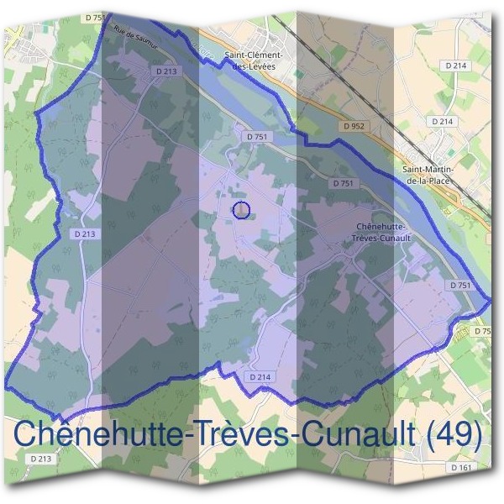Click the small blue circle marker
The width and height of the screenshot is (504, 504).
tap(241, 209)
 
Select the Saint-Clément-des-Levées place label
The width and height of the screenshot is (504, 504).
tap(253, 60)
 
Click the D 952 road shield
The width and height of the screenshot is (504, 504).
tap(355, 126)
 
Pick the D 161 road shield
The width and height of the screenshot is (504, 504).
tap(461, 466)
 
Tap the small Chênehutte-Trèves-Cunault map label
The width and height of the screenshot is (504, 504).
tap(382, 232)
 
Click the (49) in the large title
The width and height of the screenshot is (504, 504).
tap(455, 434)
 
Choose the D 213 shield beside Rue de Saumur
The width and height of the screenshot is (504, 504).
tap(166, 72)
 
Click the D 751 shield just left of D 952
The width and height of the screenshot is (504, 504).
tap(256, 135)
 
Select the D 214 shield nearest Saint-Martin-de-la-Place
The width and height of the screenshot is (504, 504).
tap(443, 121)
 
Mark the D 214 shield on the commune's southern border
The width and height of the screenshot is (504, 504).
tap(260, 378)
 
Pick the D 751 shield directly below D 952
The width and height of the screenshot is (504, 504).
tap(343, 182)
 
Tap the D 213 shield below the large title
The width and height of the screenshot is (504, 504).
tap(40, 459)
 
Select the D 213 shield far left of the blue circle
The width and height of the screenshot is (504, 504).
tap(84, 234)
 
